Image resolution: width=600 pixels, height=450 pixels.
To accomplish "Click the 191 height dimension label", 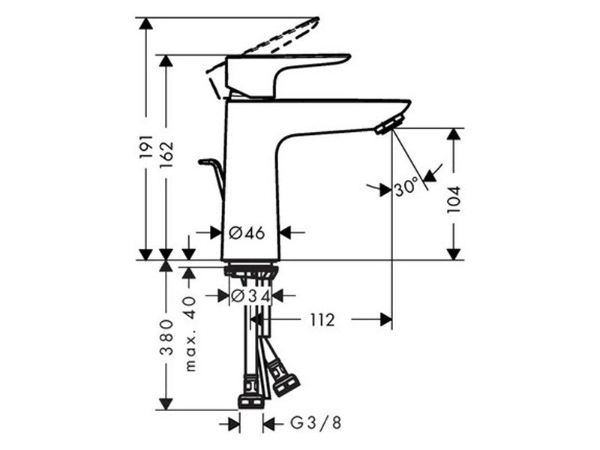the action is [x=145, y=146].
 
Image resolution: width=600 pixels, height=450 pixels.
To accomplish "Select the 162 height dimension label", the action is [x=166, y=156].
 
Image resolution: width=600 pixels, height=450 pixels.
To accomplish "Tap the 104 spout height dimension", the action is [x=454, y=199].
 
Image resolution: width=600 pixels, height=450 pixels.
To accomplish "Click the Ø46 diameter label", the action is [x=247, y=232].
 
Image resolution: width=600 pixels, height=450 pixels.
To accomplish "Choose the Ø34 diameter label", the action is [x=250, y=295].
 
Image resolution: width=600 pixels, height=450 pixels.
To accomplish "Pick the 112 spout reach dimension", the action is [x=322, y=320].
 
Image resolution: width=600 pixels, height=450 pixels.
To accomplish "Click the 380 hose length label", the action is [x=166, y=337].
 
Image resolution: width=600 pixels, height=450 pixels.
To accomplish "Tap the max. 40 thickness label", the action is [x=190, y=334].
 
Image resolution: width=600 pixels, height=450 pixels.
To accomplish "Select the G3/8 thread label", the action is [x=316, y=423].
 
